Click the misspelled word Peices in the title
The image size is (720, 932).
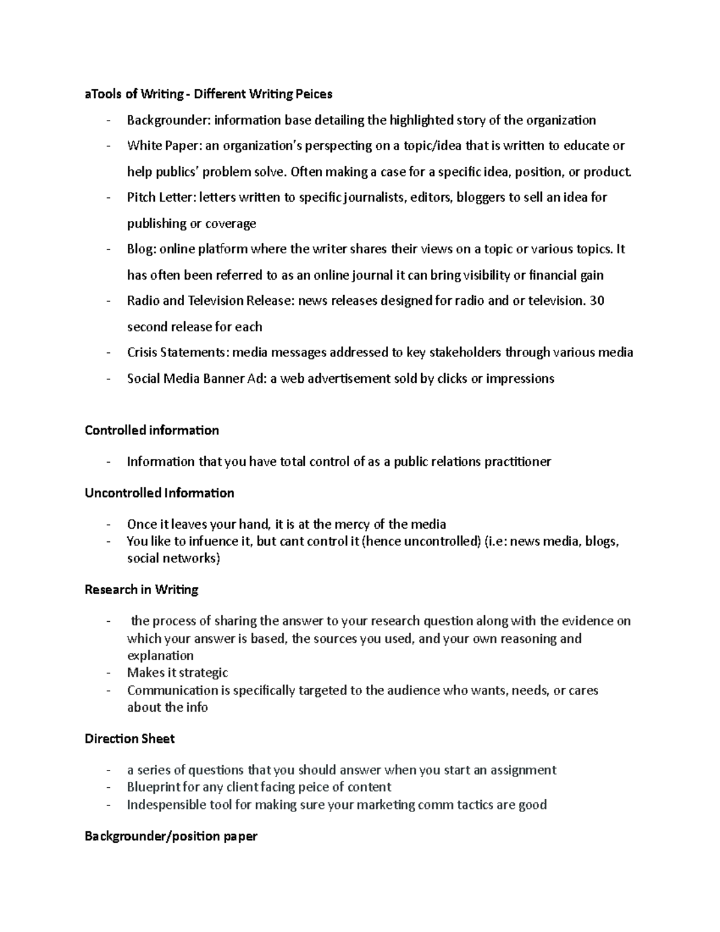(x=313, y=94)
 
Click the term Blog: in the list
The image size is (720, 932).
(x=142, y=249)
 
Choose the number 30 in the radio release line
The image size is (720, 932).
(x=597, y=301)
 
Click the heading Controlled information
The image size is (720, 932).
(x=152, y=430)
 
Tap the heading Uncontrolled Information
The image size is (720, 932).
(x=160, y=493)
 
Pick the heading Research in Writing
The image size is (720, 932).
(x=142, y=589)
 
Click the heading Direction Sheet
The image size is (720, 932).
(x=130, y=739)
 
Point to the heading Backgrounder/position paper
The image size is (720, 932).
(x=171, y=836)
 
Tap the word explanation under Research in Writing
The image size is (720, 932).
(x=160, y=655)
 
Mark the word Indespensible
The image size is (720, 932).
(x=166, y=805)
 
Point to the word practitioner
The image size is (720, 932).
(x=518, y=461)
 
